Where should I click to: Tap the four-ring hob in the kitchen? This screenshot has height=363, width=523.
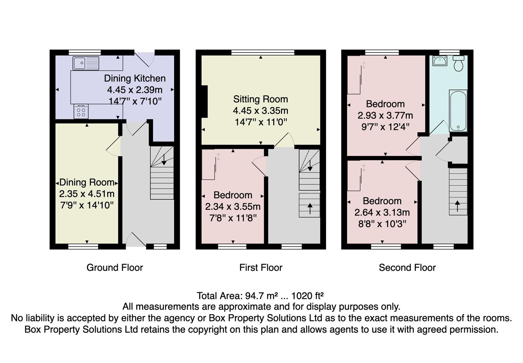[x=81, y=112]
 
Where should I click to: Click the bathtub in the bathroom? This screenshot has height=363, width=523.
[x=458, y=110]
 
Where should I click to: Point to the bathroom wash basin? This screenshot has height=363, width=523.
[x=440, y=61]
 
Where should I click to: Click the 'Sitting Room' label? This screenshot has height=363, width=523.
[x=260, y=99]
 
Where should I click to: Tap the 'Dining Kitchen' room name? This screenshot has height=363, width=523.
[x=135, y=78]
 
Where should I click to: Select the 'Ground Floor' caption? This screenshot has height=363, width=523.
[x=115, y=268]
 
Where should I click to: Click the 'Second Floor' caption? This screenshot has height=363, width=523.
[x=407, y=268]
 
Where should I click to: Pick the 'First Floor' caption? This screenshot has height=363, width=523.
[x=260, y=268]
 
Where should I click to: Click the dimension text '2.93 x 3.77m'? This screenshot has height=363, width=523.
[x=385, y=116]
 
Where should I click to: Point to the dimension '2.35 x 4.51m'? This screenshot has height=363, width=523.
[x=87, y=194]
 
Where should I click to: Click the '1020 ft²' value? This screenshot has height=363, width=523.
[x=307, y=296]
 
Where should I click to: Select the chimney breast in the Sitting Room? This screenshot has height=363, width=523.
[x=204, y=101]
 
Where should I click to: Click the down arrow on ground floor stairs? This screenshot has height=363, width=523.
[x=164, y=159]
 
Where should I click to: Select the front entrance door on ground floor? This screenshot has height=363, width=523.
[x=136, y=240]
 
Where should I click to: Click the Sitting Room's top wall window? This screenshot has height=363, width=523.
[x=263, y=52]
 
